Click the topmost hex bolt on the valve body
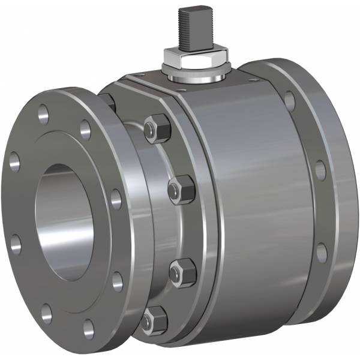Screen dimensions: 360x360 (x=158, y=128)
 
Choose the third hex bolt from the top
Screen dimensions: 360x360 (x=182, y=273)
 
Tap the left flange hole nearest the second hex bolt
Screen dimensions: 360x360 (x=116, y=199)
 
